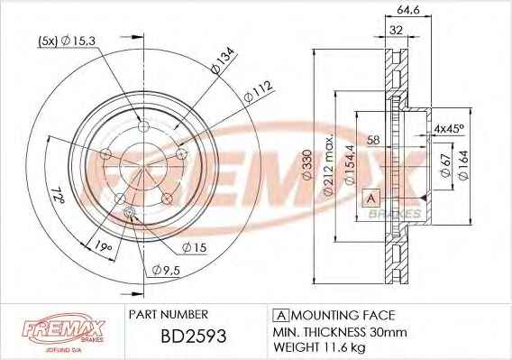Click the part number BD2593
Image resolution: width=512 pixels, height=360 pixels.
point(194,336)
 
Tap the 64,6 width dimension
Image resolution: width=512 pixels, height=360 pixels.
point(408,10)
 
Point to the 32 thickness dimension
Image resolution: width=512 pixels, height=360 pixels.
point(397,30)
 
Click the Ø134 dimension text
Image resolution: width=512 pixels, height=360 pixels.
point(223,60)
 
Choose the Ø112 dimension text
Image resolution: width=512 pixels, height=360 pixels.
point(258,92)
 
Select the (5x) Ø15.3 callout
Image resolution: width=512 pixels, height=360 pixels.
point(67,42)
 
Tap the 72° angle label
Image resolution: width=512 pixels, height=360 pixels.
point(58,195)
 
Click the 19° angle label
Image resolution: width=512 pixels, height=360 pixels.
point(104,246)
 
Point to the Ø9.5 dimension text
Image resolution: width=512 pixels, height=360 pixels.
point(166,270)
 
